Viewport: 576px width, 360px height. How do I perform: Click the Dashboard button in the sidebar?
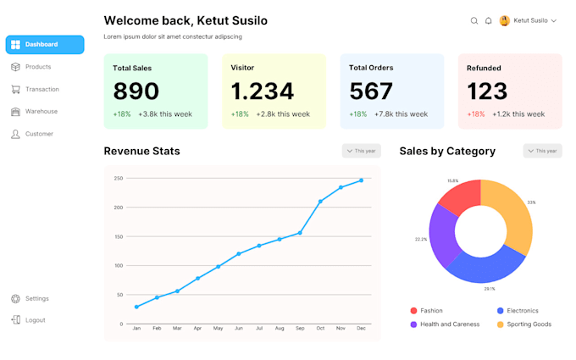pos(44,44)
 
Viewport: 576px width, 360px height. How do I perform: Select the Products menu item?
pos(37,67)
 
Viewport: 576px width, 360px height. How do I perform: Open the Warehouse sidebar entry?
pos(41,111)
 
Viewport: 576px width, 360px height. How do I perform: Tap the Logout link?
pos(35,320)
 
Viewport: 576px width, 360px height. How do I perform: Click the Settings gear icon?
pos(15,298)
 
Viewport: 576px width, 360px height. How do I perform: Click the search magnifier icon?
pos(474,20)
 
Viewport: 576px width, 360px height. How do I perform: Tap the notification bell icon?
pos(489,20)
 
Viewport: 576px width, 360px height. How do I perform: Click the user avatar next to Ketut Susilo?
pos(505,20)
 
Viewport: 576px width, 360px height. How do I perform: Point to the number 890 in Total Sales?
pos(136,91)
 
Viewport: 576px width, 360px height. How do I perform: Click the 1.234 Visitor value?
pos(263,91)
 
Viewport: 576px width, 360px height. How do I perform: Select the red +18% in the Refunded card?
pos(476,114)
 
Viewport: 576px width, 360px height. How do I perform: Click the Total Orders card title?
pos(370,68)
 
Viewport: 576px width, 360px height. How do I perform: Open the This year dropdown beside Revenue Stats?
pos(362,151)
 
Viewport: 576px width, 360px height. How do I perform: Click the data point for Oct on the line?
pos(320,202)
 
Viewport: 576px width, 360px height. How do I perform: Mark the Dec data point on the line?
pos(362,180)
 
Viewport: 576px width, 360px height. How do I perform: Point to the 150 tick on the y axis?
pos(119,236)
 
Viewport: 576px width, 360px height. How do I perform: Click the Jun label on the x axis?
pos(239,328)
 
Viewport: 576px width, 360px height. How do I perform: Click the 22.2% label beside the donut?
pos(420,239)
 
